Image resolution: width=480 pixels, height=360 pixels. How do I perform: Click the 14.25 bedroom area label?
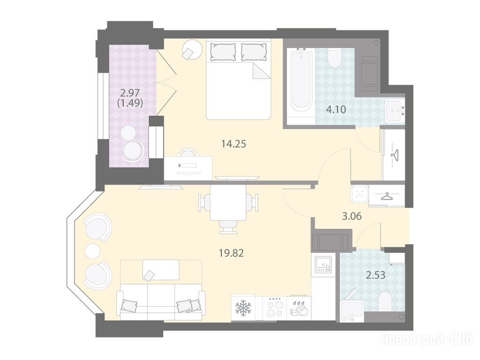(233, 143)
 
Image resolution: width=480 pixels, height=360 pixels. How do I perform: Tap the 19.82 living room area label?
(232, 253)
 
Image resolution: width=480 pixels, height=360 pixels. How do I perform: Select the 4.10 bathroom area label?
(336, 109)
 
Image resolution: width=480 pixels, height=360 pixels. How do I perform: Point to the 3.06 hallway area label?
(352, 217)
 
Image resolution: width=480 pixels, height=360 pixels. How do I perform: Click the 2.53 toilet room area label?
(375, 275)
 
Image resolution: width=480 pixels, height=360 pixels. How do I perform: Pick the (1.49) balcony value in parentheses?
(130, 103)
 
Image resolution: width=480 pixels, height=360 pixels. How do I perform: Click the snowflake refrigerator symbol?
(243, 307)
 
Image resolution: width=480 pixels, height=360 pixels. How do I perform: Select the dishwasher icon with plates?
(299, 308)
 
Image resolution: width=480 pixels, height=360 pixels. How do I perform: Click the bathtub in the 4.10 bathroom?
(301, 82)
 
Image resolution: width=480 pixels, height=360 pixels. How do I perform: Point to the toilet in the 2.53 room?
(385, 301)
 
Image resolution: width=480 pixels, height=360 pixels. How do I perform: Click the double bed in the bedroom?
(239, 79)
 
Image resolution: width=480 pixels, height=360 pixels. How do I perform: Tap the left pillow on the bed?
(223, 52)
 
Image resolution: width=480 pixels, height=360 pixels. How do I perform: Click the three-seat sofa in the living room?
(161, 301)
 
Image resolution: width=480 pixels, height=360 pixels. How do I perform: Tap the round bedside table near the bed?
(192, 50)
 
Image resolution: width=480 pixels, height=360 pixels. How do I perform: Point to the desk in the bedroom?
(188, 168)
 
